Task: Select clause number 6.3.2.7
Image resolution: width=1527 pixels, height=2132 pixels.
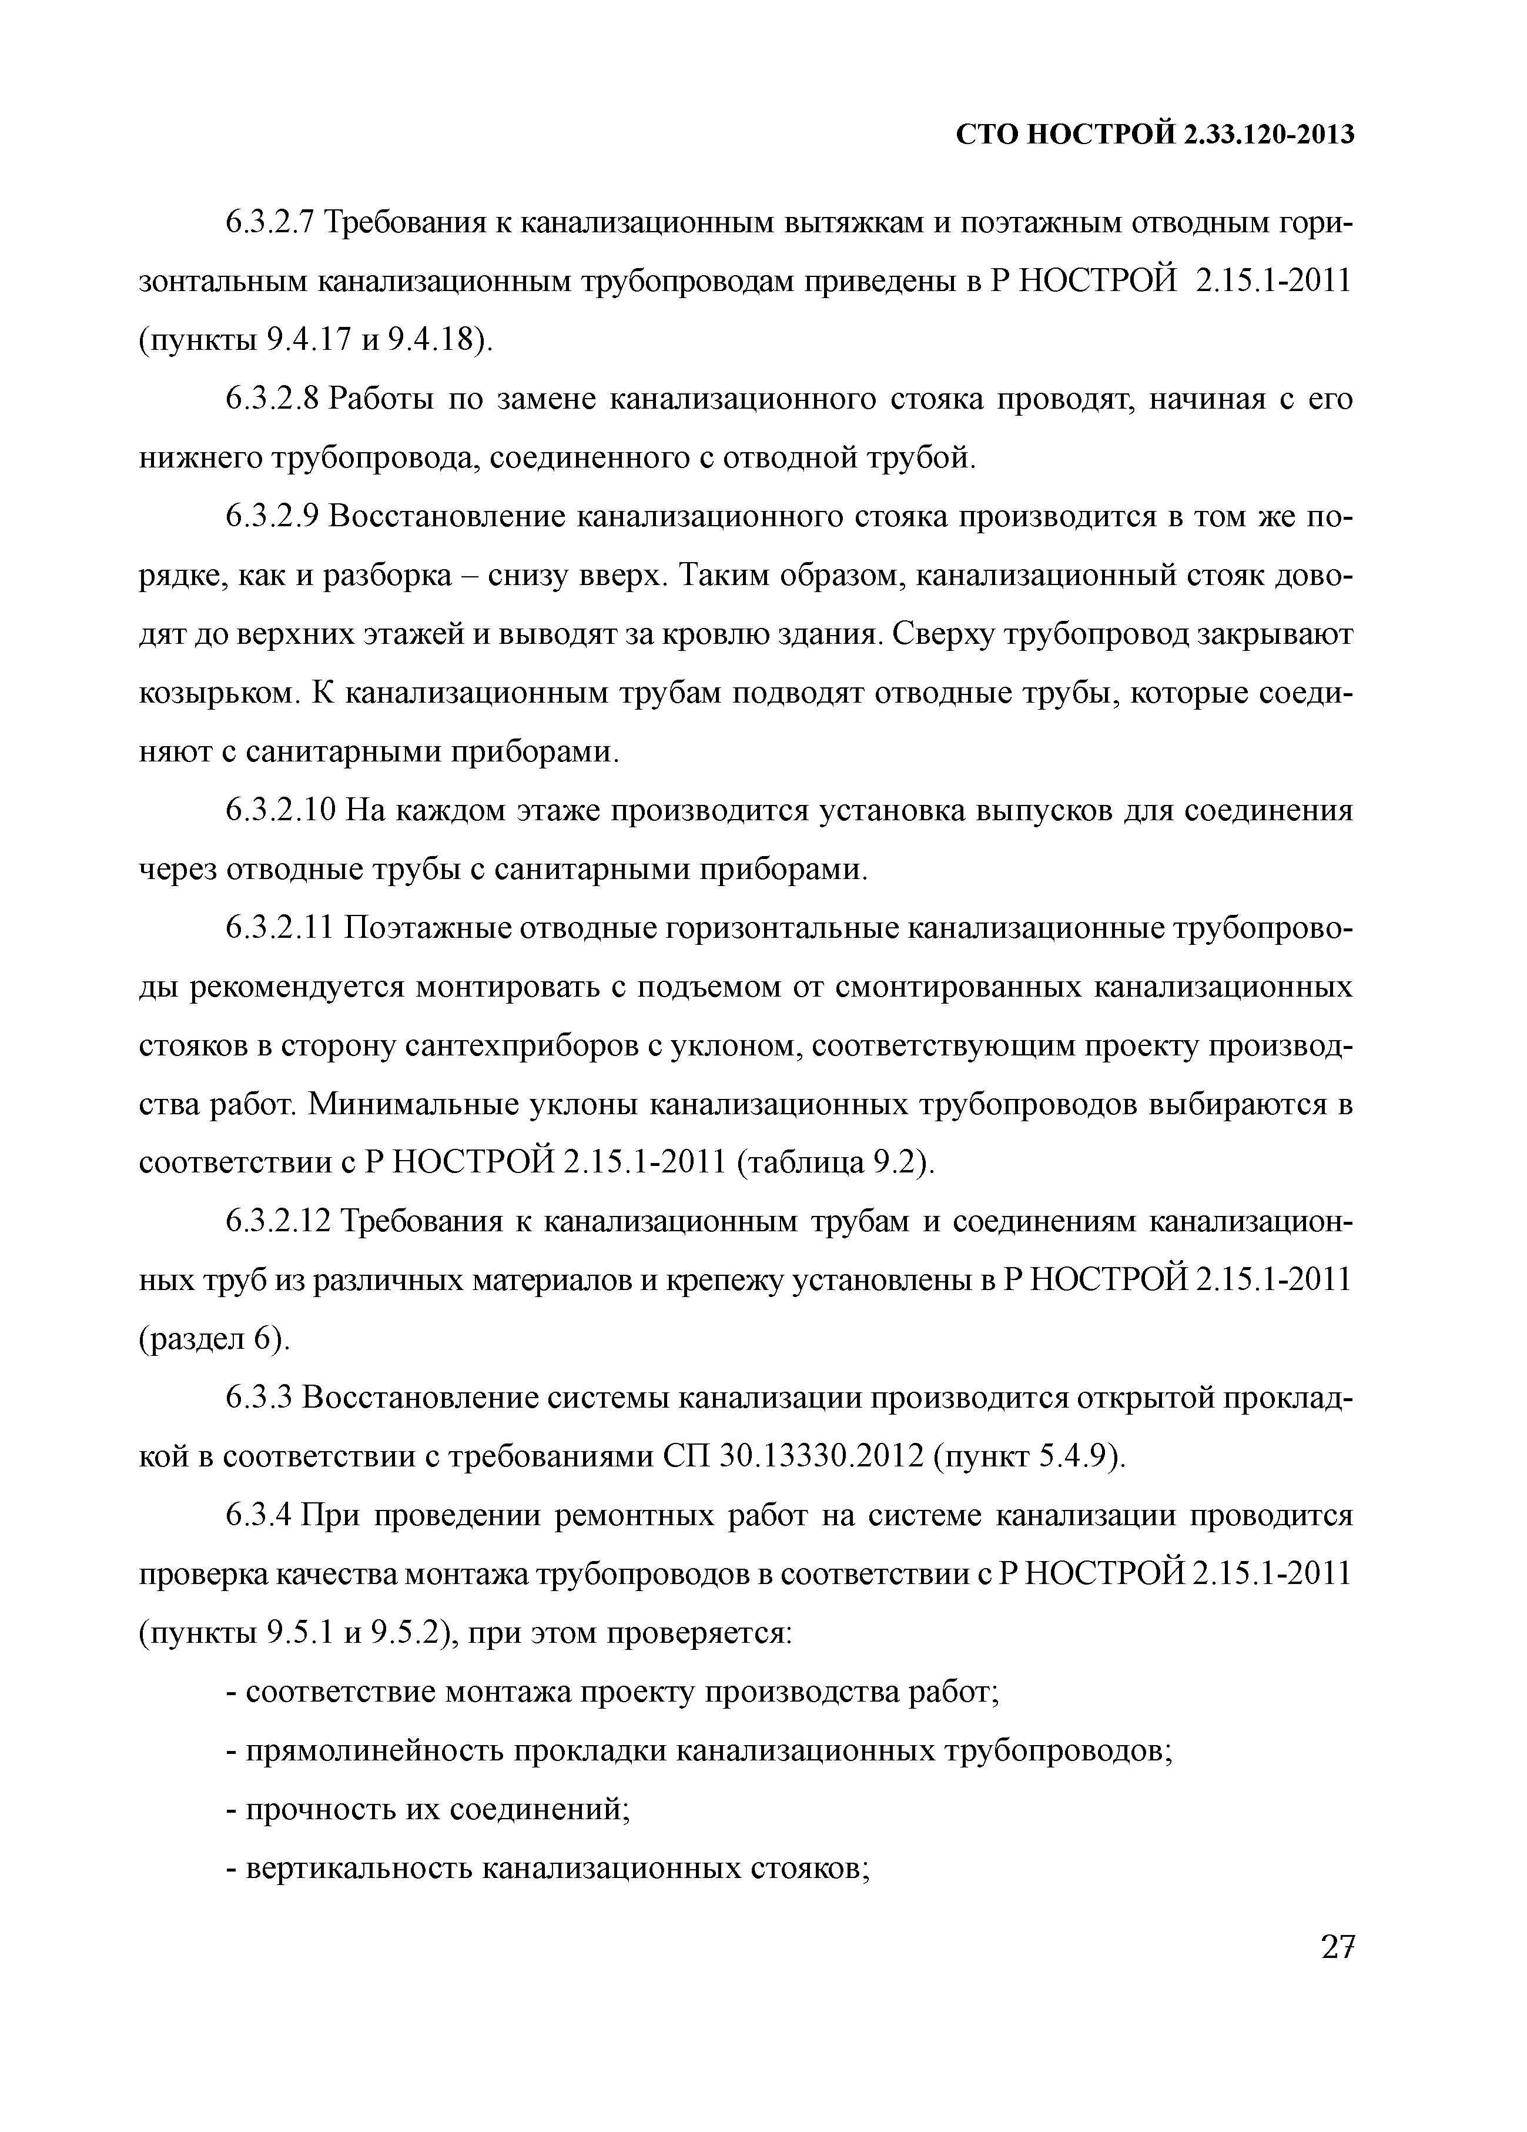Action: [273, 225]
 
